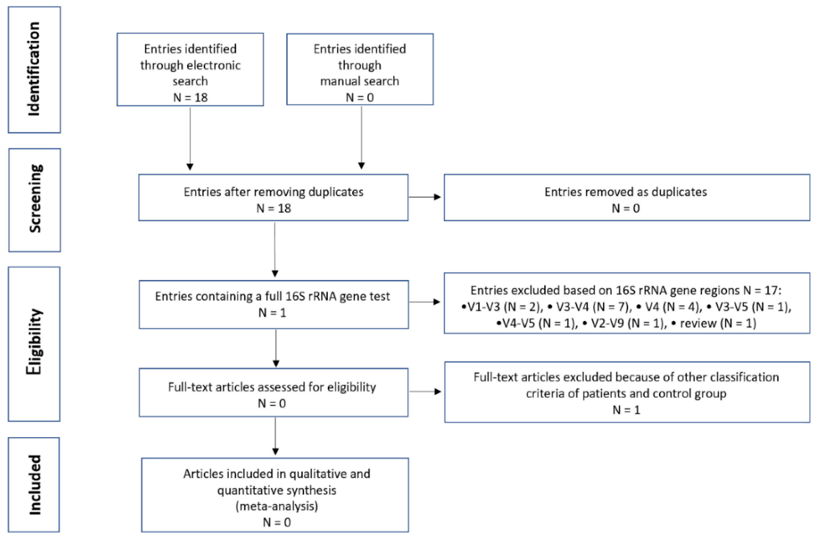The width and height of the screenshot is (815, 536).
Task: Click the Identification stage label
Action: [34, 69]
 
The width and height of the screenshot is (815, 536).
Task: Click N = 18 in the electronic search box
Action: [190, 97]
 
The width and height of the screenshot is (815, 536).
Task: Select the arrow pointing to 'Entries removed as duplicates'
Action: [425, 197]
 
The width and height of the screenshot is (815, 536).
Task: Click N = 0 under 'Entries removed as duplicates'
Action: [626, 208]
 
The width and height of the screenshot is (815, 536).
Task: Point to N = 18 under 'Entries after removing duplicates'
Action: [274, 208]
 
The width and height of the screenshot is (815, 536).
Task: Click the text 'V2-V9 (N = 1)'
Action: [627, 323]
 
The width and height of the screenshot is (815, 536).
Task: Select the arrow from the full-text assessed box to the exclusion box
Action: [425, 391]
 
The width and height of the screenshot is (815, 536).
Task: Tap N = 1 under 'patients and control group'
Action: [626, 409]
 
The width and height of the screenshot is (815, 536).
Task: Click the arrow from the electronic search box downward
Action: [190, 137]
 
